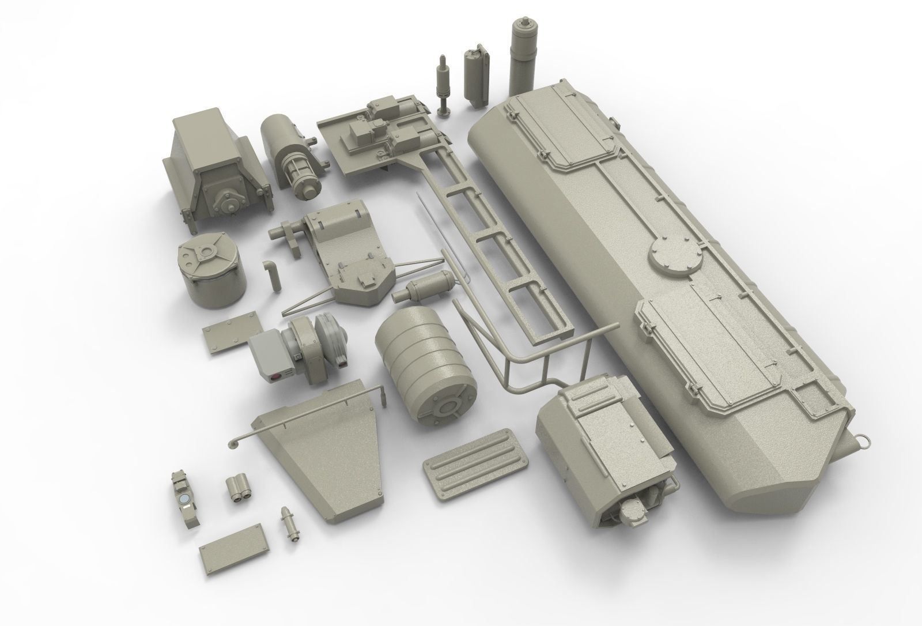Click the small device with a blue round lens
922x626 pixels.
(185, 499)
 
